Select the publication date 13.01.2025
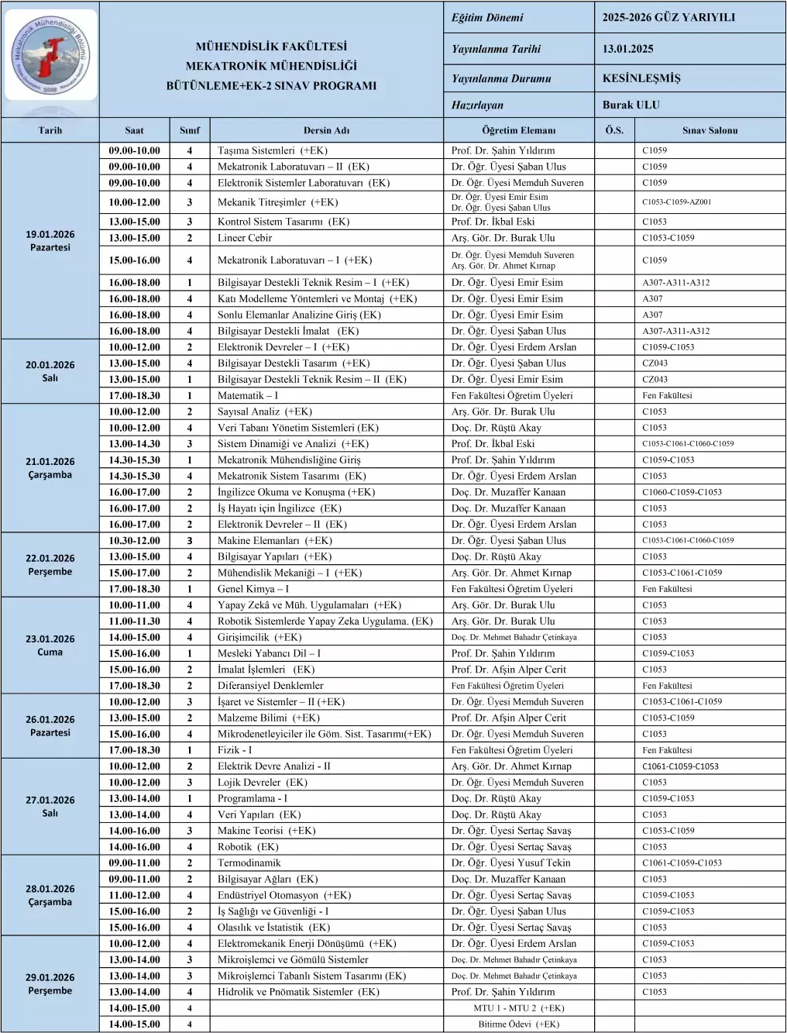coord(627,49)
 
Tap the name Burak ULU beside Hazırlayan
coord(631,105)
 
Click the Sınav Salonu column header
coord(710,130)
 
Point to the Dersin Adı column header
coord(327,130)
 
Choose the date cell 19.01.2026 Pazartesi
coord(50,240)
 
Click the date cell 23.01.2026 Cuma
coord(50,645)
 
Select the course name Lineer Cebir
coord(245,238)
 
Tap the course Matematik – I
coord(248,395)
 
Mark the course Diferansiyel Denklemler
coord(270,686)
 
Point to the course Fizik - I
coord(235,750)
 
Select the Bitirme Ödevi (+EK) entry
coord(518,1024)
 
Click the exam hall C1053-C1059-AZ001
coord(676,202)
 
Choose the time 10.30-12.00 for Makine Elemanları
coord(134,541)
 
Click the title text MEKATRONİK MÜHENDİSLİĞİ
coord(271,67)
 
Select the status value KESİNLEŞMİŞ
coord(641,78)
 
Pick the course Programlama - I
coord(252,798)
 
